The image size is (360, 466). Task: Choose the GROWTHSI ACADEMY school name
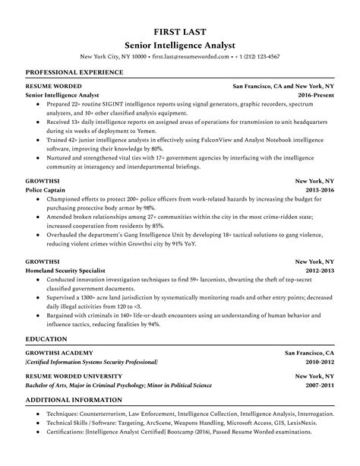coord(61,353)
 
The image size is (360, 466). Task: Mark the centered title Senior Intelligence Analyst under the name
coord(179,44)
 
